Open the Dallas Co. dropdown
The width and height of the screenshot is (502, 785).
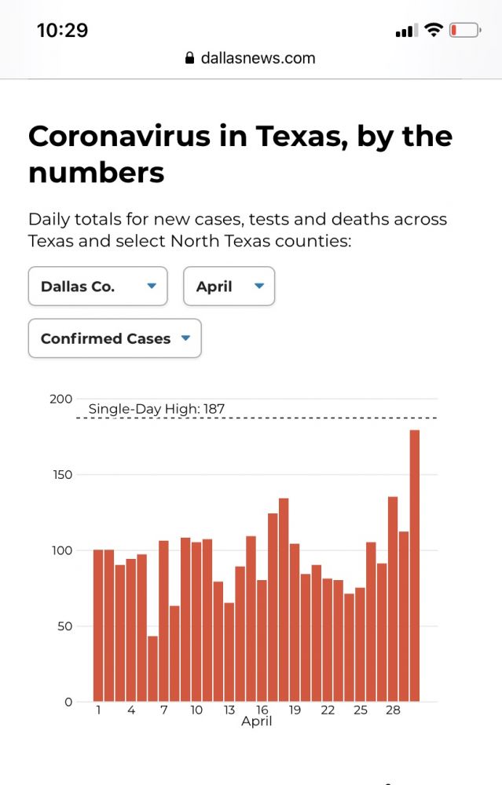tap(97, 287)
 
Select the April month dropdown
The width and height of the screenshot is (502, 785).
tap(229, 287)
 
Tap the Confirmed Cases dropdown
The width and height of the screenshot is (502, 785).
tap(115, 338)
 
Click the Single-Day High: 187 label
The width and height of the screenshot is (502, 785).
tap(156, 408)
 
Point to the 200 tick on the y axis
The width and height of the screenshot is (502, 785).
tap(60, 399)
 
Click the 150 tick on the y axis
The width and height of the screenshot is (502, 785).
tap(60, 475)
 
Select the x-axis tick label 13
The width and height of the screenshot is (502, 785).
tap(229, 710)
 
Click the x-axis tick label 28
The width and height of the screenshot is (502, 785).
tap(393, 710)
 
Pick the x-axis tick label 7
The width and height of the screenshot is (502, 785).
tap(163, 710)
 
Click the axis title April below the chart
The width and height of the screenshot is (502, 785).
tap(256, 721)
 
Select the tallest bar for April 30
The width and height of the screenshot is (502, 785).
tap(415, 565)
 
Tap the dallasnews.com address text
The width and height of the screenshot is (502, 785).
tap(258, 57)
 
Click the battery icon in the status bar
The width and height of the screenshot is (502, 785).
tap(464, 31)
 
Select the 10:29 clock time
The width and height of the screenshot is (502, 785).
tap(62, 31)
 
